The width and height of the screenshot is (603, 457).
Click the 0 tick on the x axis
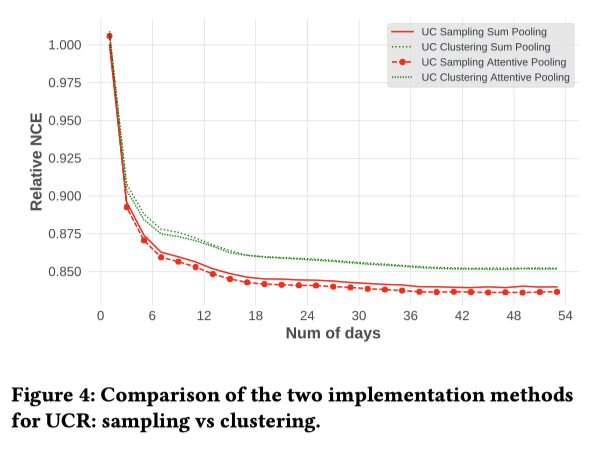[101, 316]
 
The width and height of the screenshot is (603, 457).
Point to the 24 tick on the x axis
[308, 316]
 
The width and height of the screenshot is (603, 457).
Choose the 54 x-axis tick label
[565, 316]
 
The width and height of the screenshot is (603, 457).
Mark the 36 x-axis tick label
[411, 316]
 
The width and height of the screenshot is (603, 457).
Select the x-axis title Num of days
[333, 333]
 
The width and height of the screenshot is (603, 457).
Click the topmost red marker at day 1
[109, 37]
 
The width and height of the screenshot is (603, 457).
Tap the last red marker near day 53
[556, 292]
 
